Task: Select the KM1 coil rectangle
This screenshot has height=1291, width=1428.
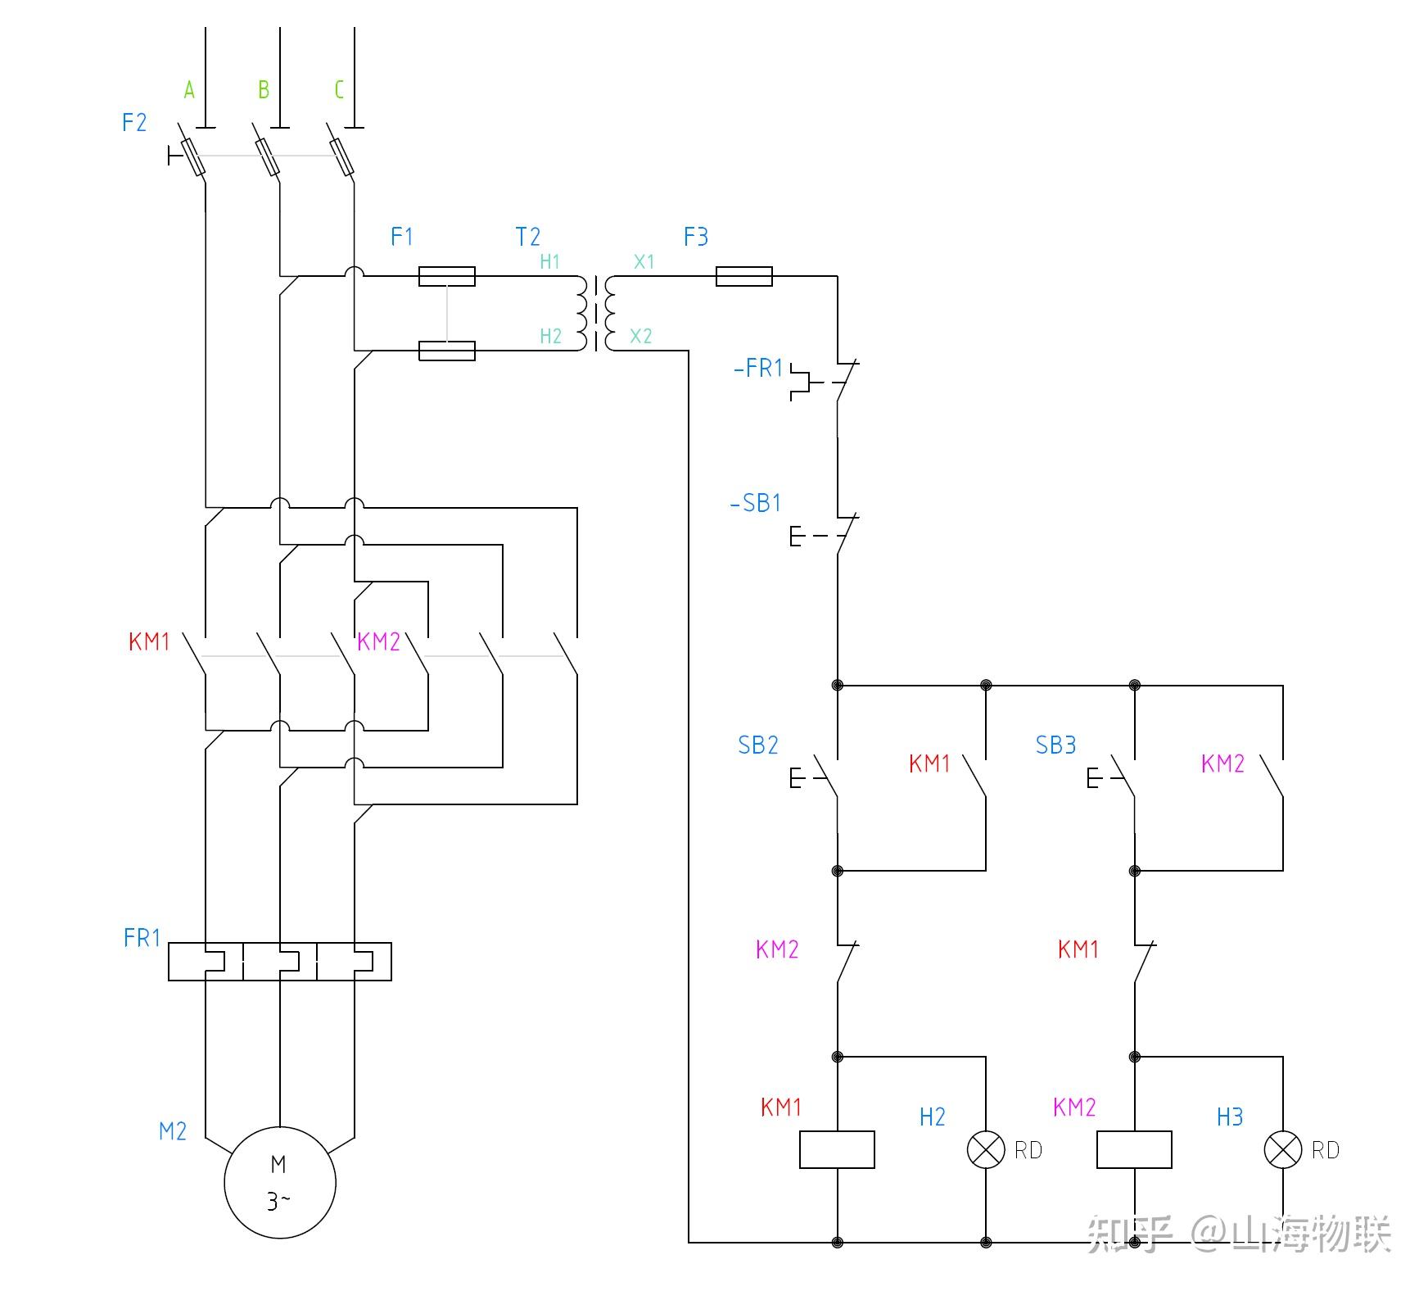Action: [837, 1149]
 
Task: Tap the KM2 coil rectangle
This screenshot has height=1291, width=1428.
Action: [1134, 1149]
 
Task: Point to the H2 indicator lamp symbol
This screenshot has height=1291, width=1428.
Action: [986, 1149]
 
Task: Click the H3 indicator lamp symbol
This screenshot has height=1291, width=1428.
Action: [1283, 1149]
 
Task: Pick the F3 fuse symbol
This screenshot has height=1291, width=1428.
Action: [744, 276]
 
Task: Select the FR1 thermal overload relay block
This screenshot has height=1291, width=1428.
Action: [280, 962]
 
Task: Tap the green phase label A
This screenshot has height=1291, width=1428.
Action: [189, 89]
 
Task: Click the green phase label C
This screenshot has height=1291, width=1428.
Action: [339, 89]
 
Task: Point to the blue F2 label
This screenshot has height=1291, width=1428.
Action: [134, 122]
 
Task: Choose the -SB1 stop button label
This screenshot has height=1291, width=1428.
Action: [755, 502]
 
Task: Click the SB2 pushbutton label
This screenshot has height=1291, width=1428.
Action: [758, 745]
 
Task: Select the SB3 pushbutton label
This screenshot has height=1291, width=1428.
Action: [1055, 745]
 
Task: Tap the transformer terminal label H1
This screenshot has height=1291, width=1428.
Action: [550, 261]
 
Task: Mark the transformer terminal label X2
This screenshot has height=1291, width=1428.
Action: [641, 336]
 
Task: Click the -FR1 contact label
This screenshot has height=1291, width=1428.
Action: [758, 368]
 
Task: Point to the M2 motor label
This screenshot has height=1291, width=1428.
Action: [173, 1131]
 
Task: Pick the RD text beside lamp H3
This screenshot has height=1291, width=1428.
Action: [1326, 1150]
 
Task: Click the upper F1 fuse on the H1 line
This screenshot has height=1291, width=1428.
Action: [447, 276]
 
